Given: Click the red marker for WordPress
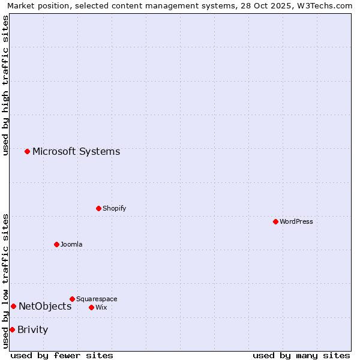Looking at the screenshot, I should point(275,221).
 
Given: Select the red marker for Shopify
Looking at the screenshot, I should point(98,208).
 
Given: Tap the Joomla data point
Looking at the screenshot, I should point(56,244).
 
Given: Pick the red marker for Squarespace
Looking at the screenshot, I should point(72,299).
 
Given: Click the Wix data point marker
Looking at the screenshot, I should point(91,307).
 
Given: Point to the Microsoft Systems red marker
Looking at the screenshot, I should point(27,151).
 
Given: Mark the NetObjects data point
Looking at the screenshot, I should point(13,306).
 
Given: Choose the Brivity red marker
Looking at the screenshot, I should point(12,329).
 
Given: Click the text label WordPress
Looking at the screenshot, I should point(296,221).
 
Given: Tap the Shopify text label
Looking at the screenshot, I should point(115,208).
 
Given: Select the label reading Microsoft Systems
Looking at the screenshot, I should point(76,151).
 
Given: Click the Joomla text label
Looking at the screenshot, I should point(71,244).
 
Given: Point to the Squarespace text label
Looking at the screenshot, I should point(97,299).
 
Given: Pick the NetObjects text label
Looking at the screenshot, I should point(45,306).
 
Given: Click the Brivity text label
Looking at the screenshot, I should point(33,329).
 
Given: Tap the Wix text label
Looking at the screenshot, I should point(101,307).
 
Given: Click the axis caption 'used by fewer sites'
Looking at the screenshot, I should point(62,355).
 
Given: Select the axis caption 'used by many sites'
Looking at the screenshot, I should point(301,355).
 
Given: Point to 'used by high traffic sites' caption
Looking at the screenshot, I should point(6,85).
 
